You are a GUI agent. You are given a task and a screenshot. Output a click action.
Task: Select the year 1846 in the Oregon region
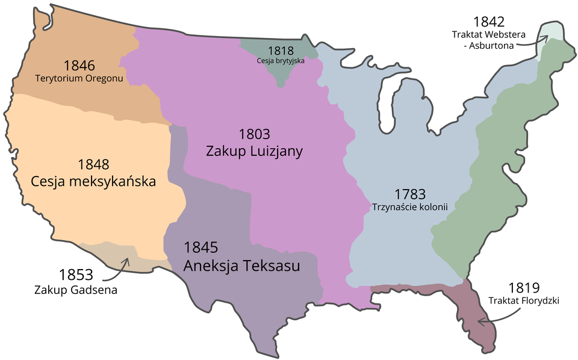click(x=78, y=66)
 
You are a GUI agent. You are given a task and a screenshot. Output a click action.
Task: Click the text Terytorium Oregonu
click(x=79, y=78)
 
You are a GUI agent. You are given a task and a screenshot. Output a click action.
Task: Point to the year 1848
click(x=93, y=164)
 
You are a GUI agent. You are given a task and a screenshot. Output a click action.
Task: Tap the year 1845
click(x=200, y=247)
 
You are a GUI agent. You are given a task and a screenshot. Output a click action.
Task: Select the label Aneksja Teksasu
click(x=242, y=265)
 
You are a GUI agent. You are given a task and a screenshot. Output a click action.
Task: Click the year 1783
click(x=411, y=194)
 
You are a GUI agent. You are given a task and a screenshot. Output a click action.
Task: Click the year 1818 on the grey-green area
click(x=281, y=51)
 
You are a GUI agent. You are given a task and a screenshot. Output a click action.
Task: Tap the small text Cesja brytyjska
click(x=281, y=61)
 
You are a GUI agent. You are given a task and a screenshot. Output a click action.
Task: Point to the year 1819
click(x=523, y=288)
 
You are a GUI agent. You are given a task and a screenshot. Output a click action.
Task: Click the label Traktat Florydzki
click(x=524, y=300)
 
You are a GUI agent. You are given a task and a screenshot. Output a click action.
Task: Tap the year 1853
click(x=76, y=275)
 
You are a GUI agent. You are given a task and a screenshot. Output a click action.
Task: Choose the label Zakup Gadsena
click(x=76, y=290)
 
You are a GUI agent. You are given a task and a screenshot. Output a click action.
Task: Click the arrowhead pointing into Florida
click(x=480, y=321)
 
